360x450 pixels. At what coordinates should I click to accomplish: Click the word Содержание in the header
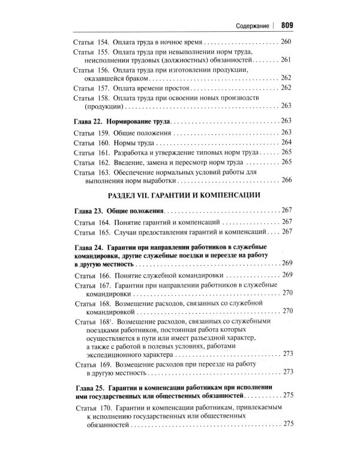(x=247, y=26)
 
